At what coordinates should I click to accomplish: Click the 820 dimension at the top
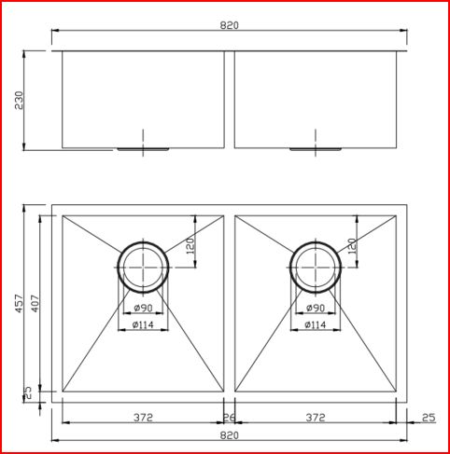point(229,25)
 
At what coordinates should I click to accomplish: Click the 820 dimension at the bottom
point(229,435)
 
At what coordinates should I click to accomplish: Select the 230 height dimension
point(19,101)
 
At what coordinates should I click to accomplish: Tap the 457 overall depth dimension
point(19,305)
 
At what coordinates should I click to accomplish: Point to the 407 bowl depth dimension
point(35,305)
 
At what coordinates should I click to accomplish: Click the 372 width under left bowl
point(143,418)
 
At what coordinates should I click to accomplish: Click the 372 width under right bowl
point(316,418)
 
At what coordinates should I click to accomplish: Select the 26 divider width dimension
point(229,418)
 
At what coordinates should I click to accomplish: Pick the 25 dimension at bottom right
point(428,418)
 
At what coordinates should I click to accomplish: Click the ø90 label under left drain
point(143,309)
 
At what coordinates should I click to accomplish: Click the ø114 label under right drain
point(316,324)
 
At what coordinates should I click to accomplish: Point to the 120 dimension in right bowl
point(351,246)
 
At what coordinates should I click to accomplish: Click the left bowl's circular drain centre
point(143,267)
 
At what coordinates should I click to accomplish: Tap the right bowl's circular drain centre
point(316,267)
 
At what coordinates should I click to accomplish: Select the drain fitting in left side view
point(143,146)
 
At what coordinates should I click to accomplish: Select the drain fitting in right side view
point(316,147)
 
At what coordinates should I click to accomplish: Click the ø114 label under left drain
point(143,324)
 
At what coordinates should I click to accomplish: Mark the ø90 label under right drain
point(316,309)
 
